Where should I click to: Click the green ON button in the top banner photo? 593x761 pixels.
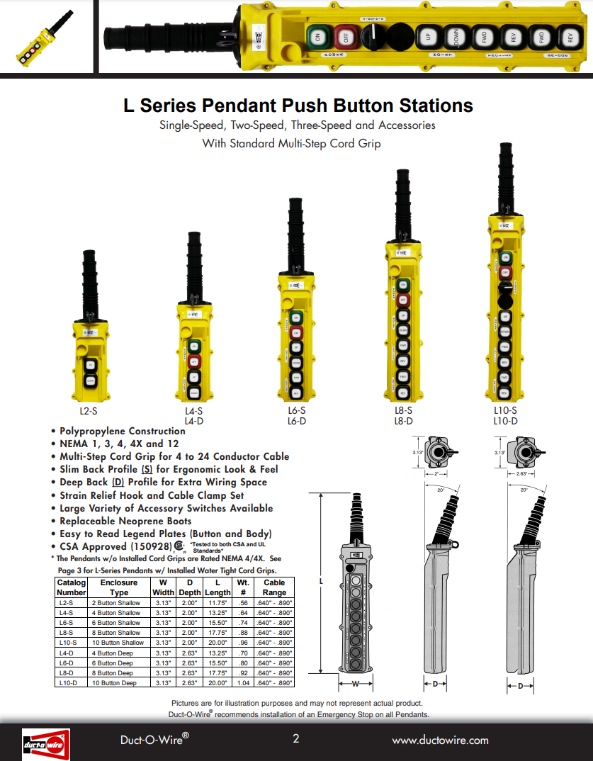point(317,37)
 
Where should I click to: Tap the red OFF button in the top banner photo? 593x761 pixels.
point(345,37)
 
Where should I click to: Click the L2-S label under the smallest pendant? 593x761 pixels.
point(89,410)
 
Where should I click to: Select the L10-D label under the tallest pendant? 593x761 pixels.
point(505,421)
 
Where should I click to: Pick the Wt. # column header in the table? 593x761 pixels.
point(243,587)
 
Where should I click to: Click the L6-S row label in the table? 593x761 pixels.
point(66,622)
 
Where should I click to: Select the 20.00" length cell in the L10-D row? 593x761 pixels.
point(218,683)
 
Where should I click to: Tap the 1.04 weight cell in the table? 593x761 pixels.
point(243,683)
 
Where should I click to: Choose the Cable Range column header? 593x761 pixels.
point(274,587)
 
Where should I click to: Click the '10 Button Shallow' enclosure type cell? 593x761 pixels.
point(118,643)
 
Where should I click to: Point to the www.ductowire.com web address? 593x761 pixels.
point(440,740)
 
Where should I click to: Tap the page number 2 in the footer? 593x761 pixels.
point(296,739)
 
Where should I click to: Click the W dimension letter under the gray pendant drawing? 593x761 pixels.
point(356,684)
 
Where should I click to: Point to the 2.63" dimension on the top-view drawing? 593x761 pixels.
point(525,474)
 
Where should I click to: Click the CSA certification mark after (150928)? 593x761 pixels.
point(179,547)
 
